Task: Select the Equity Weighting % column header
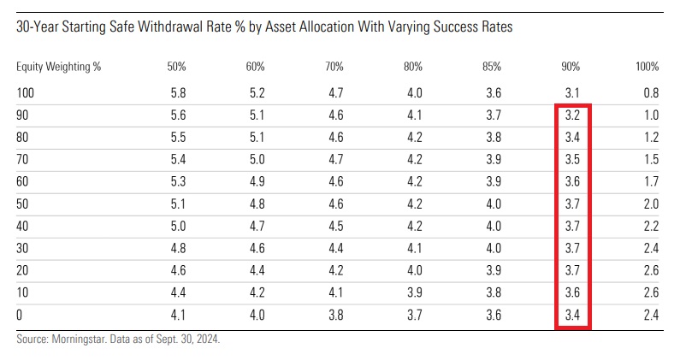58,67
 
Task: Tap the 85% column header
490,67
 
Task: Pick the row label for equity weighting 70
23,159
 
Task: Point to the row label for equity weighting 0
20,315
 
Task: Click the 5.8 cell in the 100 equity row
175,91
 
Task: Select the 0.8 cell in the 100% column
651,91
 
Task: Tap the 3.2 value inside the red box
572,115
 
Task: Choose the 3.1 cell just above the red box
572,91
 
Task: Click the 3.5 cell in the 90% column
572,159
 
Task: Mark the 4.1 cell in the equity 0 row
175,315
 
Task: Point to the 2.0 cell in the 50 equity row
651,204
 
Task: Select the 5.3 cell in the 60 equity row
175,181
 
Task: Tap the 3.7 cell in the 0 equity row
411,315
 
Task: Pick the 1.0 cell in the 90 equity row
651,115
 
